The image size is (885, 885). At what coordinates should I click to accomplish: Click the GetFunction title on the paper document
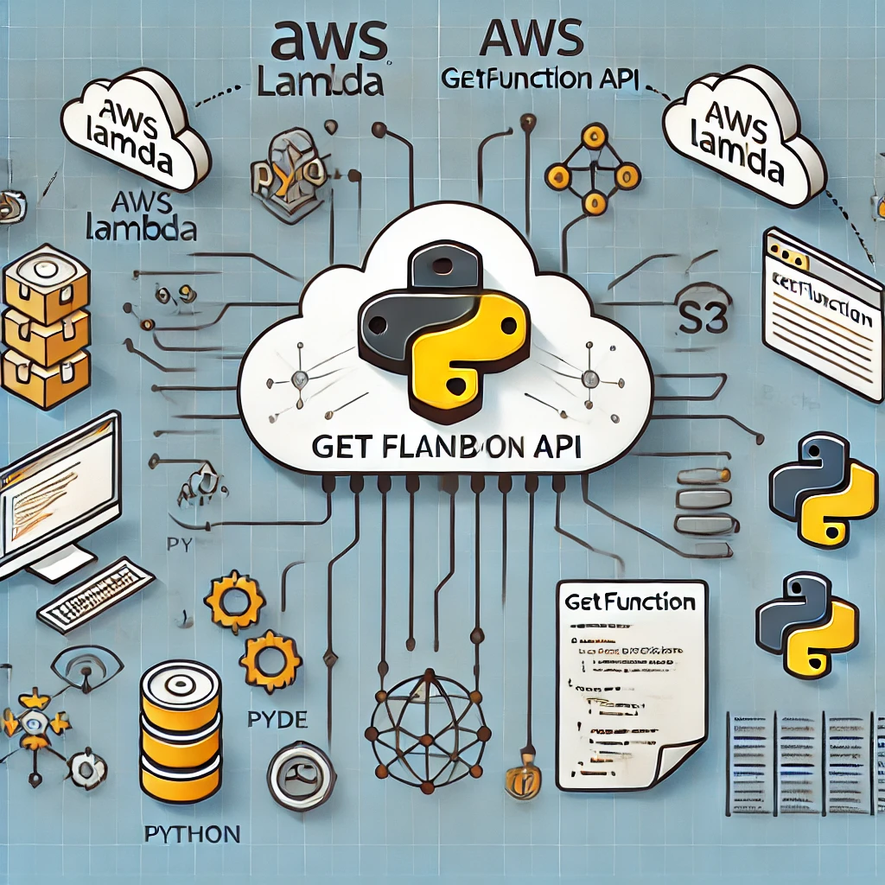631,602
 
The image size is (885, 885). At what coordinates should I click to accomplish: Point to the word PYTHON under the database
191,835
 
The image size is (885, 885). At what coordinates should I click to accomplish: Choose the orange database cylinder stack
180,735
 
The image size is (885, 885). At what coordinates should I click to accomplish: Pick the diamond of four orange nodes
593,170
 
